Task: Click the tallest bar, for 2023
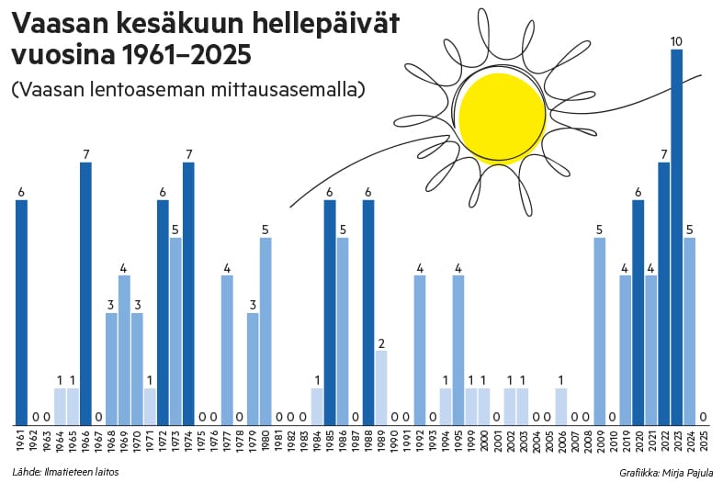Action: click(x=676, y=239)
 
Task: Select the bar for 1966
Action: click(x=85, y=294)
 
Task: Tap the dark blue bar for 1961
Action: click(x=21, y=312)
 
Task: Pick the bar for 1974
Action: click(x=188, y=294)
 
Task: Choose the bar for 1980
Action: click(x=265, y=331)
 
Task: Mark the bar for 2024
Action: click(x=689, y=331)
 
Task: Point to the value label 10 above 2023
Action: click(x=676, y=41)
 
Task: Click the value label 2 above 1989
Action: click(x=381, y=343)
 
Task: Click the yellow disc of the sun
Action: click(x=502, y=117)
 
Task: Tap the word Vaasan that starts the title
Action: click(x=51, y=25)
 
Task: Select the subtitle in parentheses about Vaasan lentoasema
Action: click(x=188, y=90)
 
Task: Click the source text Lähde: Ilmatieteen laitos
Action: click(x=65, y=472)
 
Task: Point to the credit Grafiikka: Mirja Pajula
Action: click(x=665, y=472)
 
